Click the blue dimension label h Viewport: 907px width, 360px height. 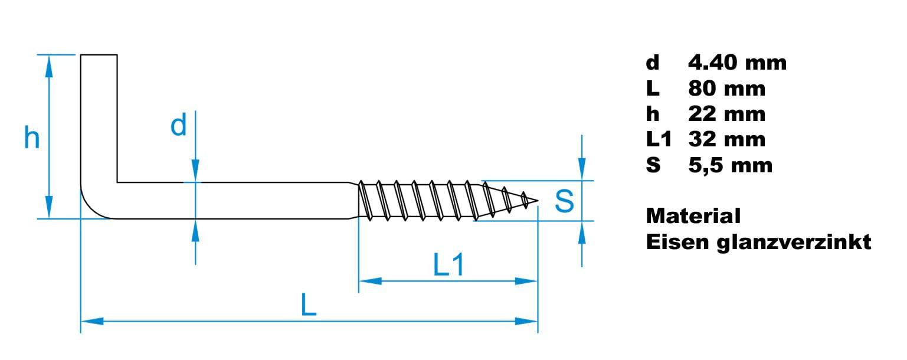(32, 138)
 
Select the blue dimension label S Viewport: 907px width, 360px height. (564, 201)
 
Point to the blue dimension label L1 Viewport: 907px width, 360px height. (448, 265)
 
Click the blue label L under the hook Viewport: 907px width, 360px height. (309, 305)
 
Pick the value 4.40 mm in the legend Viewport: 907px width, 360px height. (737, 63)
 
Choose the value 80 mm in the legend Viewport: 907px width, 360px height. (726, 89)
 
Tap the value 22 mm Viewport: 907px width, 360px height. (726, 114)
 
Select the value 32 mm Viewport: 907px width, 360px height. (726, 139)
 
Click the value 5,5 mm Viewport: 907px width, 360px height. (730, 165)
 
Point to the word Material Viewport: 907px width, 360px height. (693, 215)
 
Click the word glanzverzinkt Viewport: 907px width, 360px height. (794, 242)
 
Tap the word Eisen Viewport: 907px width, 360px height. (677, 242)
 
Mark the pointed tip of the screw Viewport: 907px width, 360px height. (538, 200)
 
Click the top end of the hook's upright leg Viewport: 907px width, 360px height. (99, 55)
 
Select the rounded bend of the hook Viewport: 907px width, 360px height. (96, 204)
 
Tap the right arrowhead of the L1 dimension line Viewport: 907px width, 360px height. (526, 281)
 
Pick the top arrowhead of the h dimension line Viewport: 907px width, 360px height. (49, 66)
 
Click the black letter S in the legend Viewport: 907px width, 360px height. (653, 165)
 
